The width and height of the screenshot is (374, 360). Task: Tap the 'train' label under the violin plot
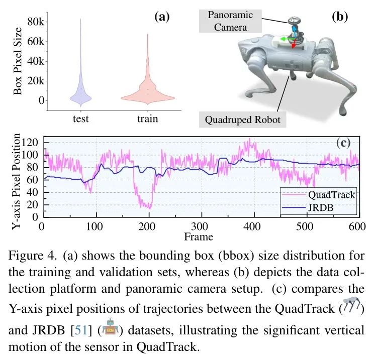147,119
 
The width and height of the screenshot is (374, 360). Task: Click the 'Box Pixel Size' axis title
18,60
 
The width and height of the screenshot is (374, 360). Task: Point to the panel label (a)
161,17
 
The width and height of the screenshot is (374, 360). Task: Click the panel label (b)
340,17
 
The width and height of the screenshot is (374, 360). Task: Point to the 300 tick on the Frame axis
200,226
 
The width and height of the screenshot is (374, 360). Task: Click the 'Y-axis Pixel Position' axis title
17,181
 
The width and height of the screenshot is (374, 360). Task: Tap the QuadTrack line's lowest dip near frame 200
148,207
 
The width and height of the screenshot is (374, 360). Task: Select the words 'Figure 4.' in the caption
29,255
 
